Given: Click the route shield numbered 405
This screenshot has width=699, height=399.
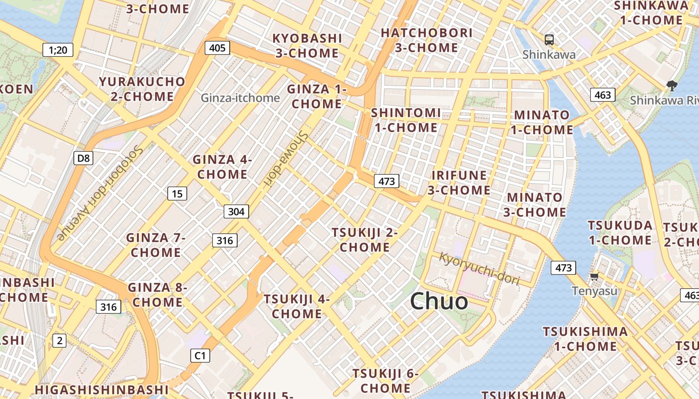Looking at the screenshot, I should pos(217,48).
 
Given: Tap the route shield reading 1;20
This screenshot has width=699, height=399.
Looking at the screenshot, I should pos(58,49).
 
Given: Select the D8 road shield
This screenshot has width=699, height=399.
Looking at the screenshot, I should pos(83,159).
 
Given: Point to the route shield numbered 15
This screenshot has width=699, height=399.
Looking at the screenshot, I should pos(177,194).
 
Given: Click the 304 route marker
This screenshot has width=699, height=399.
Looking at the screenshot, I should pos(236,211).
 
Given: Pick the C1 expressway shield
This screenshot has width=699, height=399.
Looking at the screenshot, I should pos(200,356).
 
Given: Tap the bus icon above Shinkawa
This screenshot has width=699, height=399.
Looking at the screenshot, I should pos(549,40).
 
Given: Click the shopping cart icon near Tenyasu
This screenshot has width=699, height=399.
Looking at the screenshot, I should pos(594,276).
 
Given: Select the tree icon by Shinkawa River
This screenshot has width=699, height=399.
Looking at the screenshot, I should pos(672,86).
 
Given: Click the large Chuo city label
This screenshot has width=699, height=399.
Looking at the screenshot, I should pos(439,301).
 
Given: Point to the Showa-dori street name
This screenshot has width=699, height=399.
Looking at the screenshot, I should pos(286,159).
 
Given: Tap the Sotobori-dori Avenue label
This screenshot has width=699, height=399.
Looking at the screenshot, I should pos(101,192).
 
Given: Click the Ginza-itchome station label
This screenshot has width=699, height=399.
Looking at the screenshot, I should pos(240,98).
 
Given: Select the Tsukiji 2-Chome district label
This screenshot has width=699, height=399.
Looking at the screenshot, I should pos(364,239).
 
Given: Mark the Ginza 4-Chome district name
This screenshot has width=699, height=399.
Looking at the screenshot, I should pos(222,167).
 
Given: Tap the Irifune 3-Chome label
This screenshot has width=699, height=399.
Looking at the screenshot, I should pos(459,183).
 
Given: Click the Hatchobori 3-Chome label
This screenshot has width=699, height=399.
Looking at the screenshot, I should pos(426,40).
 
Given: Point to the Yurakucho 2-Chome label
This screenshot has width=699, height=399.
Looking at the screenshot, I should pos(142,89).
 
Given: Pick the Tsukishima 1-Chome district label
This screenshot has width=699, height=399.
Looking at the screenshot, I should pos(585,339).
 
